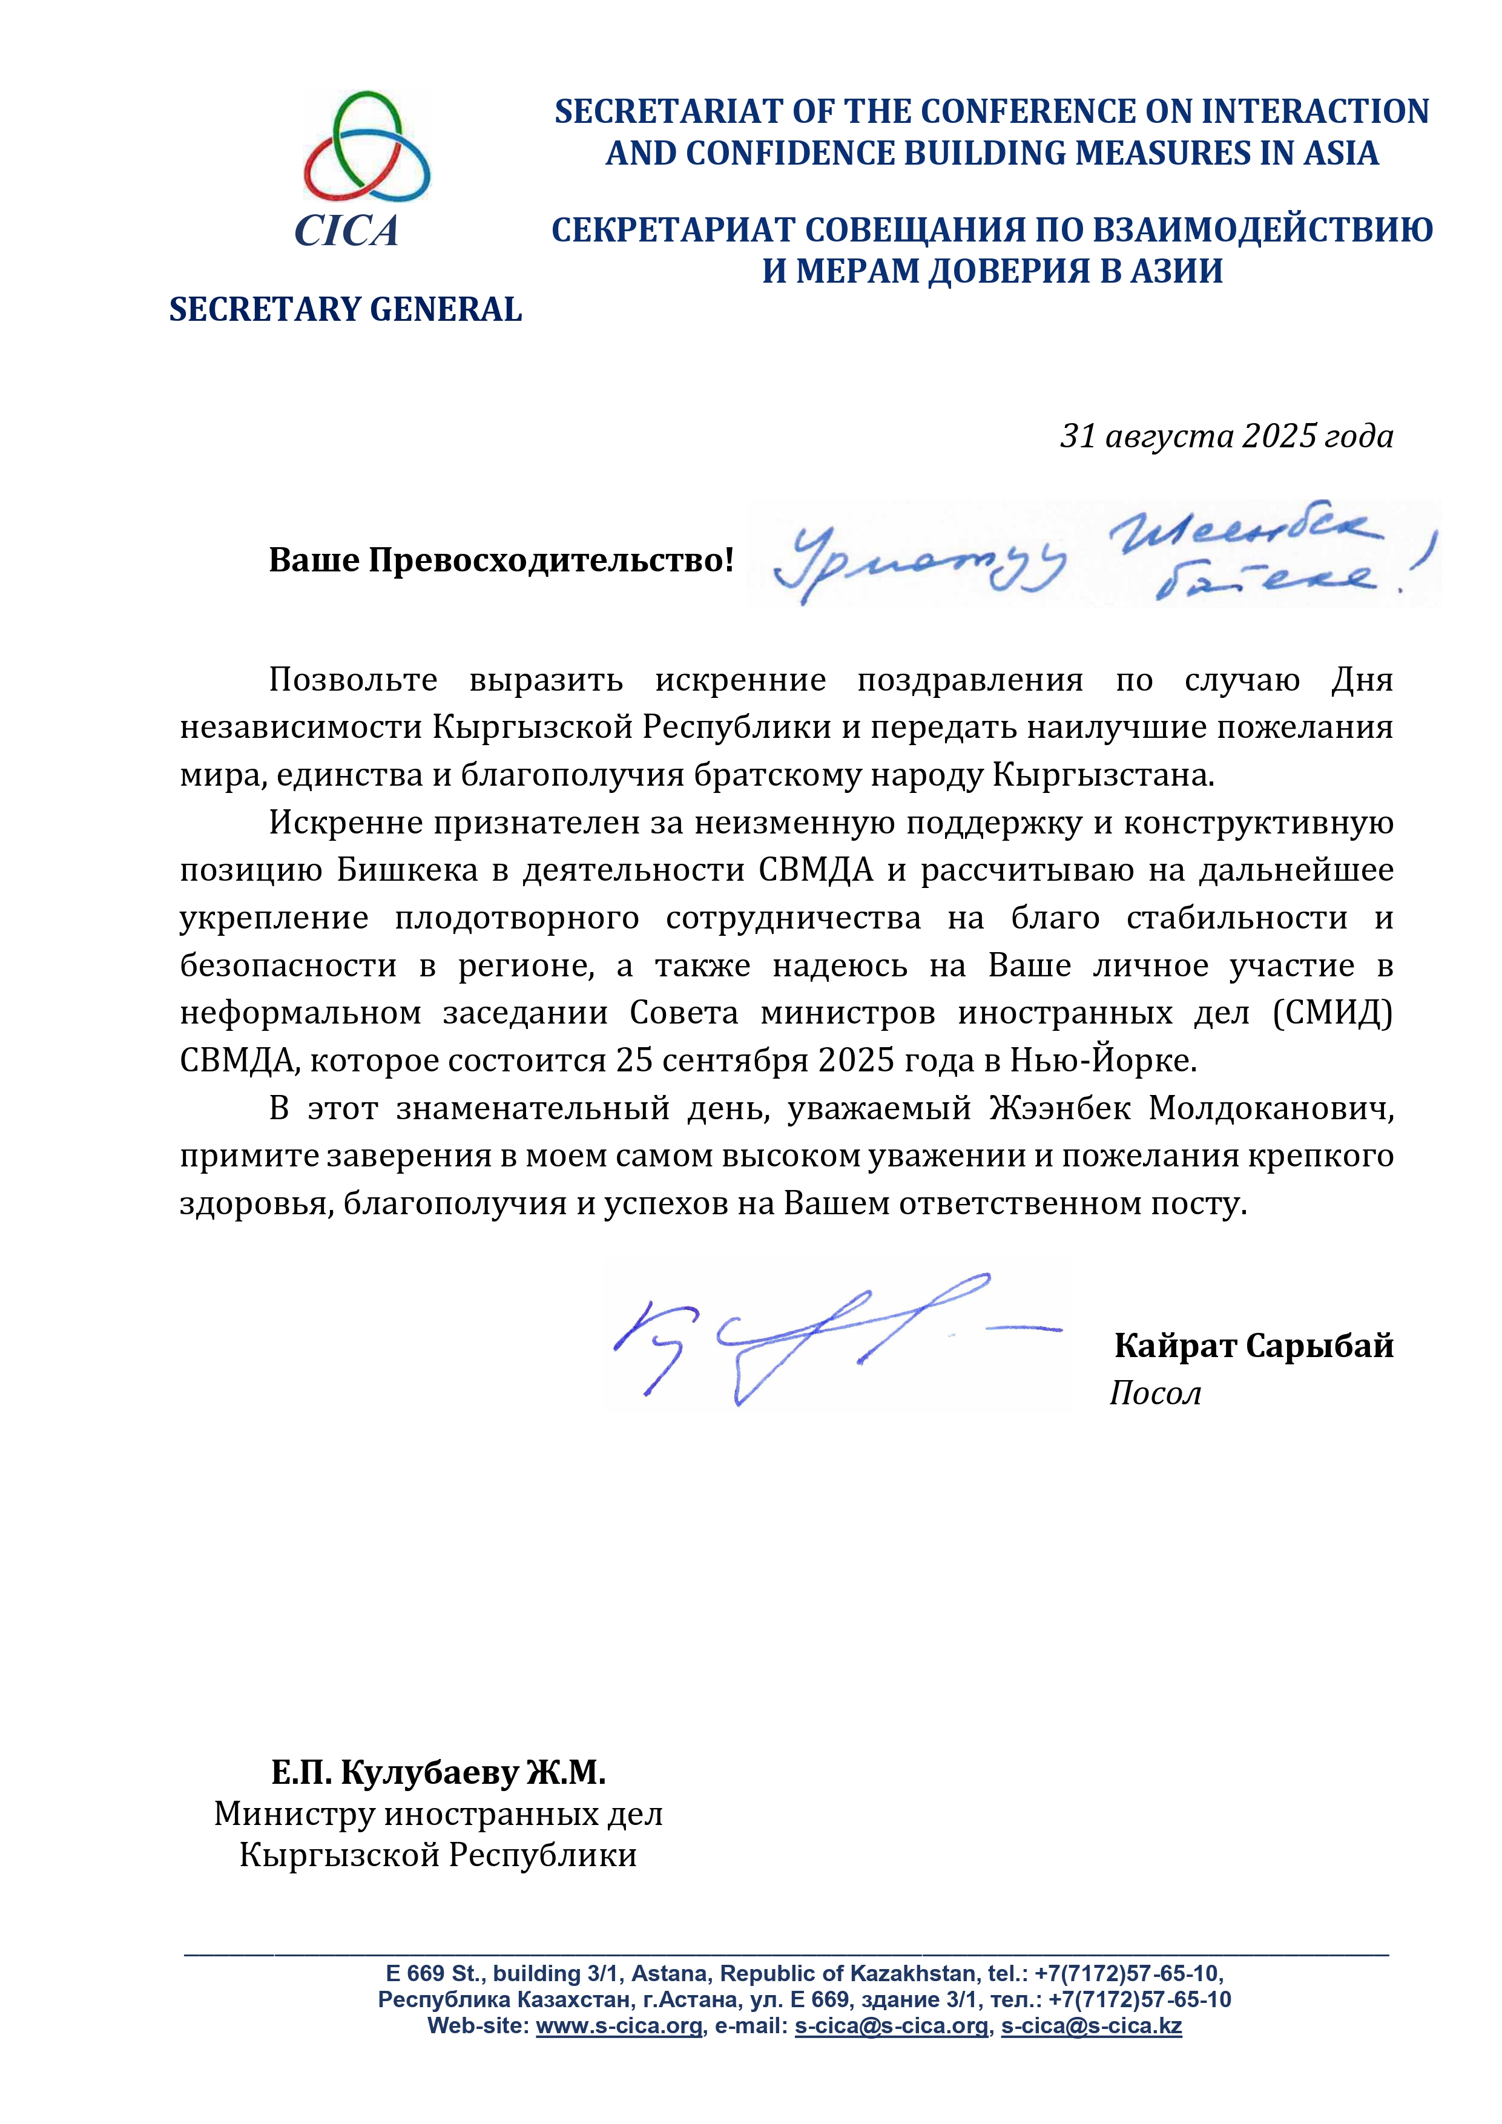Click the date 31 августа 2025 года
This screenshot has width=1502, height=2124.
coord(1226,436)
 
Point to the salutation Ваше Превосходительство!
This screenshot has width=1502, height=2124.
coord(501,560)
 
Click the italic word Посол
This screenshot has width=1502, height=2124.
coord(1155,1393)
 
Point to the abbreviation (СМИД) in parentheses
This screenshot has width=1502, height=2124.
coord(1332,1013)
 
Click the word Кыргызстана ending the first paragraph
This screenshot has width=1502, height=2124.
coord(1103,775)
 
